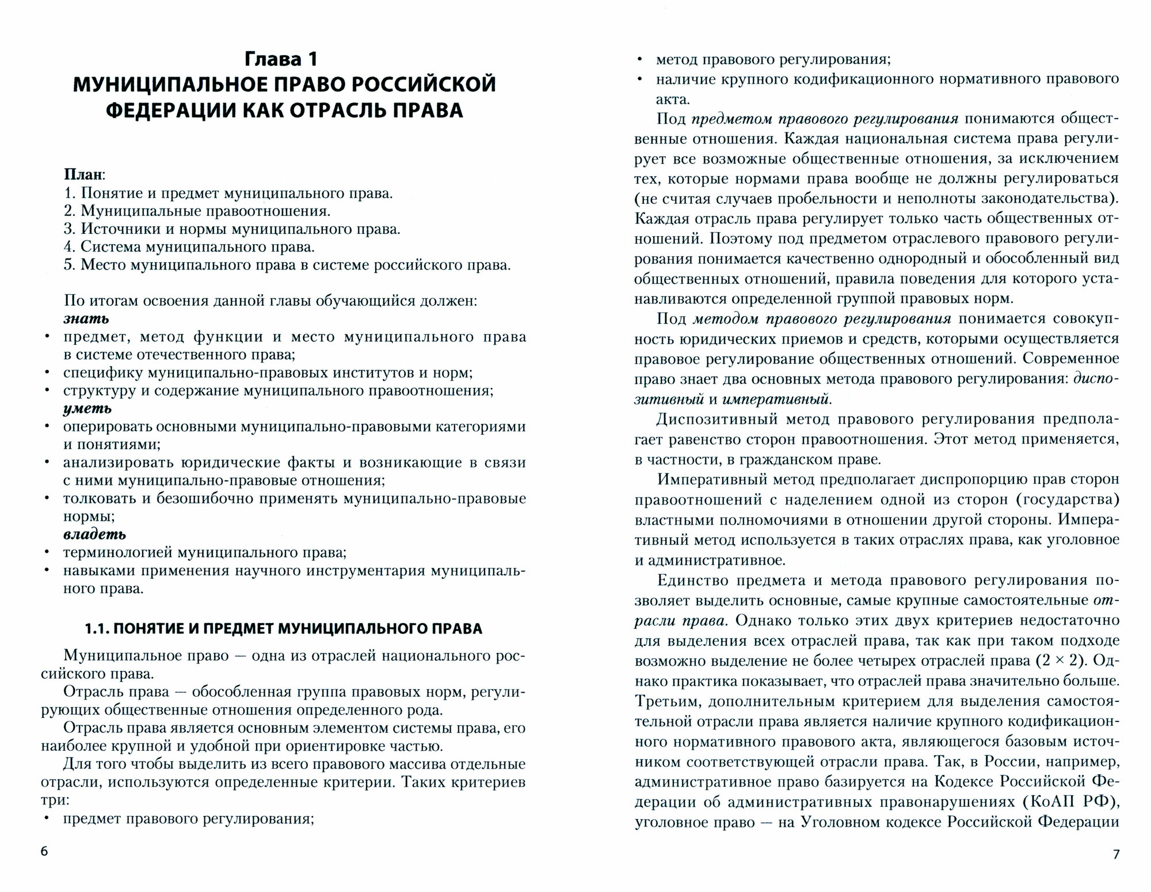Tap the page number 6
(x=45, y=852)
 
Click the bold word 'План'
(x=84, y=174)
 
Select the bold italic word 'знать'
(x=86, y=318)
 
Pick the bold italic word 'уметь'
(x=87, y=408)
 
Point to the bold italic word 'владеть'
(x=94, y=534)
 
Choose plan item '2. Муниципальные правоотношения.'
(x=197, y=211)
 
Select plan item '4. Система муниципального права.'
(x=189, y=246)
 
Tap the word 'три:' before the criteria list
(x=55, y=800)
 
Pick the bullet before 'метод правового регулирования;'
(x=639, y=59)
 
